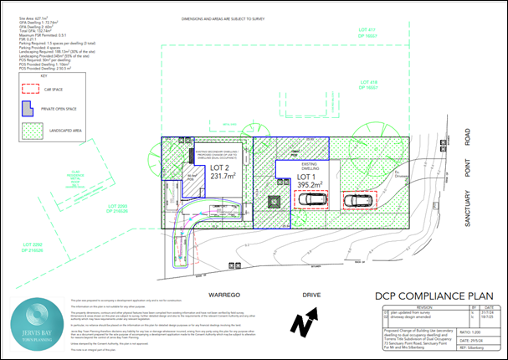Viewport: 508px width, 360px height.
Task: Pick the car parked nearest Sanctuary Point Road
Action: coord(359,201)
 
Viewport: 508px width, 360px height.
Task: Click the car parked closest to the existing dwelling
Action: coord(312,200)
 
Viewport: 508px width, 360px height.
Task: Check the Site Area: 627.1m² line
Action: coord(32,16)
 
